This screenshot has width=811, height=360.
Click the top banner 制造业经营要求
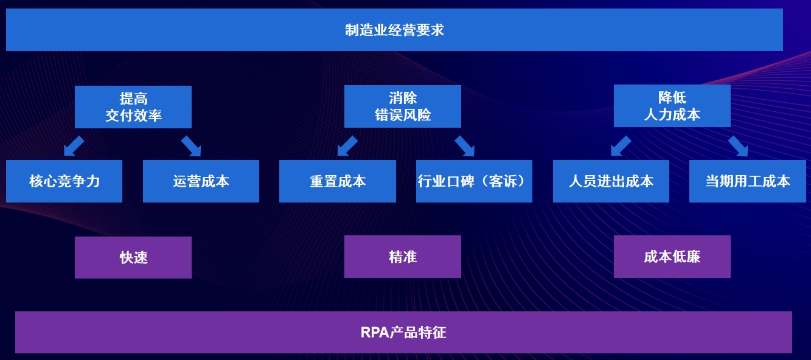(x=394, y=30)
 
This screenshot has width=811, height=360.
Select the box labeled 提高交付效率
(x=133, y=107)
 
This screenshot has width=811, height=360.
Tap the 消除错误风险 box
(x=403, y=106)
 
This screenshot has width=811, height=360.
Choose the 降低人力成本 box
(x=672, y=106)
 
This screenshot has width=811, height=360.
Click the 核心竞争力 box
(x=64, y=181)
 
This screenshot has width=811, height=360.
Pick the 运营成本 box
(x=201, y=181)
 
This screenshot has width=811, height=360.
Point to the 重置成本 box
(x=338, y=181)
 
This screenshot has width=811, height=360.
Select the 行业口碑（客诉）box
(x=474, y=181)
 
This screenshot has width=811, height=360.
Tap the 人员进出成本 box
(x=611, y=181)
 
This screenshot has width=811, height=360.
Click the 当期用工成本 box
(x=747, y=181)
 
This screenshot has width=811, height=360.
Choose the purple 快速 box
(x=133, y=257)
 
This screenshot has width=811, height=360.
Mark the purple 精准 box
(x=403, y=257)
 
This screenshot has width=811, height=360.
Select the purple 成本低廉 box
(x=672, y=257)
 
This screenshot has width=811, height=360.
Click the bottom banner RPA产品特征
(x=403, y=332)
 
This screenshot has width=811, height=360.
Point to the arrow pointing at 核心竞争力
(x=74, y=146)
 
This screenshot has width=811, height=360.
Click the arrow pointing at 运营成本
(x=191, y=146)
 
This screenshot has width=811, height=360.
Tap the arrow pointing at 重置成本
(x=347, y=146)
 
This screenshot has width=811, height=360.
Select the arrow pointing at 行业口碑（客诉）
(x=464, y=146)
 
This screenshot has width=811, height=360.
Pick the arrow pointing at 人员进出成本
(x=621, y=146)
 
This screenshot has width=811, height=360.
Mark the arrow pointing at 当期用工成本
(x=738, y=146)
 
